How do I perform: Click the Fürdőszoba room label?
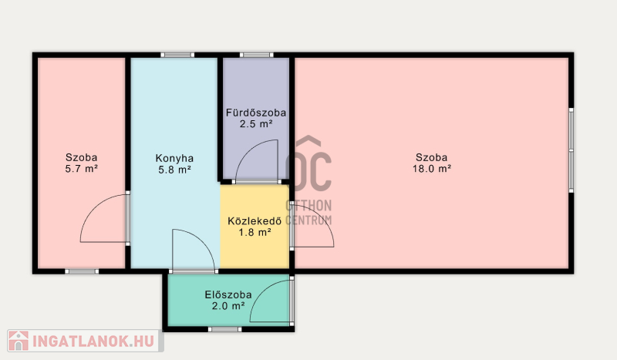[256, 113]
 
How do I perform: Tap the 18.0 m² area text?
[432, 169]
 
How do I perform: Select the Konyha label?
[174, 159]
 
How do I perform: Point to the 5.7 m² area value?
[81, 169]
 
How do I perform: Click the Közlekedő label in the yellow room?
[255, 220]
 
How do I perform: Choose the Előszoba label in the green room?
[228, 294]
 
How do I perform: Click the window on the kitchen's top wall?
[177, 55]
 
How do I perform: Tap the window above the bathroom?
[257, 55]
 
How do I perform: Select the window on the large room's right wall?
[571, 150]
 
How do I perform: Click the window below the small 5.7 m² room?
[82, 271]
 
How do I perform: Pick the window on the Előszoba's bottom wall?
[224, 329]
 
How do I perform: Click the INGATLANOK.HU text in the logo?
[93, 341]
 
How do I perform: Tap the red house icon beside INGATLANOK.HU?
[19, 341]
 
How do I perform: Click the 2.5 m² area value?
[256, 124]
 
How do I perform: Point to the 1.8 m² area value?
[255, 233]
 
